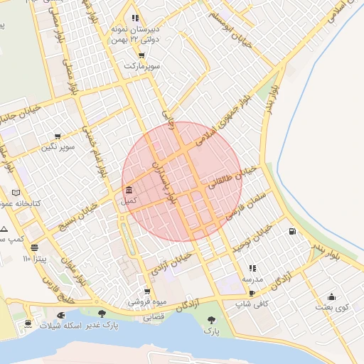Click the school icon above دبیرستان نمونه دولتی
[x=134, y=18]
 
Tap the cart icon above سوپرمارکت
[x=141, y=55]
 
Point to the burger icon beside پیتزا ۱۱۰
[x=35, y=247]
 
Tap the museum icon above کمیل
[x=128, y=191]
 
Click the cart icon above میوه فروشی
[x=147, y=291]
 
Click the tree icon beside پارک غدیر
[x=102, y=314]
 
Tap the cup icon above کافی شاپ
[x=252, y=292]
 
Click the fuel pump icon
[x=292, y=231]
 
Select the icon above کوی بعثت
[x=331, y=296]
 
